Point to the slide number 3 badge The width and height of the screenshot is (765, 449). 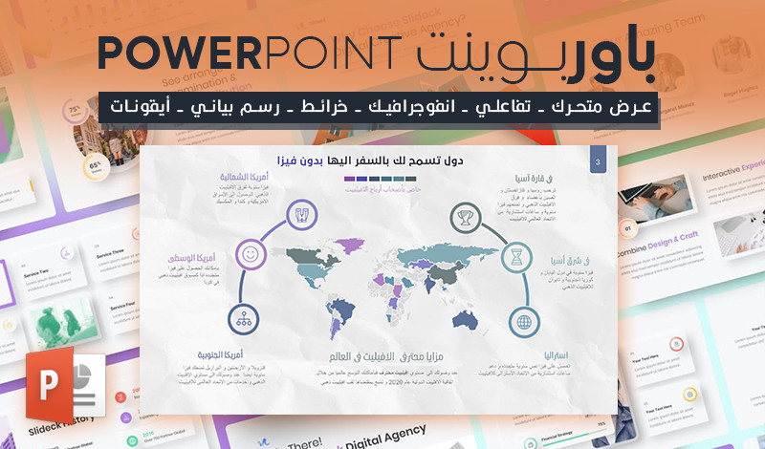point(598,163)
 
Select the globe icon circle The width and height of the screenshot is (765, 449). point(524,322)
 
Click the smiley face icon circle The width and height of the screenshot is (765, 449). point(250,255)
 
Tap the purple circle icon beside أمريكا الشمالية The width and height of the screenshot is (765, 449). point(302,212)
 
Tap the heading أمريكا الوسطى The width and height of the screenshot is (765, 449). point(197,258)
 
